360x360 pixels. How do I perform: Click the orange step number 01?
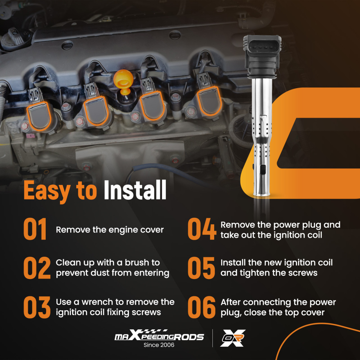35,229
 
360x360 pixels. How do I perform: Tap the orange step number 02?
37,268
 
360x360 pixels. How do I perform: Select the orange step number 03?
37,307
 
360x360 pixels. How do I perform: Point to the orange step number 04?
202,229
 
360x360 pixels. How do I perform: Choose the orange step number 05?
201,268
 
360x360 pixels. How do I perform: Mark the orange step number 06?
202,307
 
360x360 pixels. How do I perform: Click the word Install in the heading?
135,190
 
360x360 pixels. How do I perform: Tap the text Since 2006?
159,345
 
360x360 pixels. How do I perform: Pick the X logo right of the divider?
233,338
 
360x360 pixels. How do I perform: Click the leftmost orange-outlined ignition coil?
39,116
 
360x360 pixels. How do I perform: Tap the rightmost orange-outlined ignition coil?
209,101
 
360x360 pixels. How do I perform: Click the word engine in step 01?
123,230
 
